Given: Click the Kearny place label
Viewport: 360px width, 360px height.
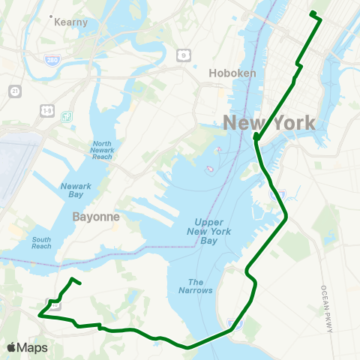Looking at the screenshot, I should (x=72, y=22).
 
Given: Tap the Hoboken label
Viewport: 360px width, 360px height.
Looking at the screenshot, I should (x=232, y=73).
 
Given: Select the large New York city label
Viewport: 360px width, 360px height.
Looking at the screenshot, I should (x=268, y=123).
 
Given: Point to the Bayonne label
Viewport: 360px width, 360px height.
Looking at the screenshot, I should (x=97, y=216).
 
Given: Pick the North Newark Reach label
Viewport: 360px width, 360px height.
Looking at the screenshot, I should (x=103, y=150).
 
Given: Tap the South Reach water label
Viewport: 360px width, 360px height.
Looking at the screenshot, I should (x=42, y=243).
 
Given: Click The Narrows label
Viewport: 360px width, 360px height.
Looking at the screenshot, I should (x=195, y=286).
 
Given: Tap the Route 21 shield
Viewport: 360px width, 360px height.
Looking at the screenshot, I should (x=14, y=91).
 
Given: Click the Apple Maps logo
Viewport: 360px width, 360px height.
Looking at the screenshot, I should (x=27, y=347).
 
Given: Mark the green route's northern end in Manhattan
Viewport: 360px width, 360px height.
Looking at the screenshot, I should (x=312, y=13).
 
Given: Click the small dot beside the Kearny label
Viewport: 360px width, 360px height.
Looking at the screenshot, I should (x=50, y=16).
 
